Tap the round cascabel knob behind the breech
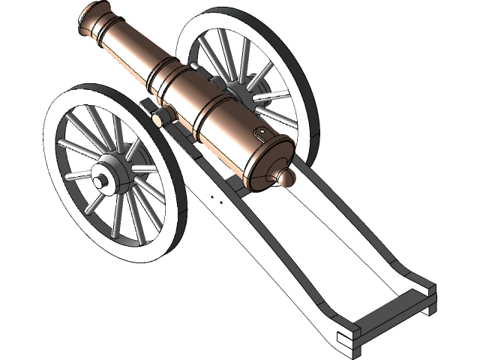click(286, 178)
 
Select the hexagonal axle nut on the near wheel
click(99, 182)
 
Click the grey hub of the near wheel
click(112, 175)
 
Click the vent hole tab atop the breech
click(262, 134)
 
